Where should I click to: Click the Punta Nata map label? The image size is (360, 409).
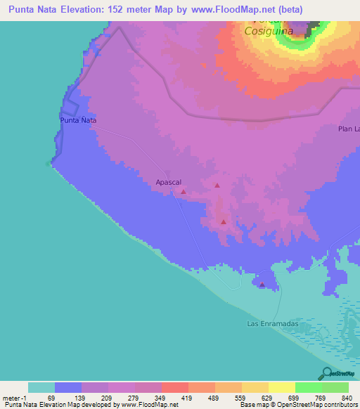78,120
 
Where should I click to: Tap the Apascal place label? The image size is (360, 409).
168,182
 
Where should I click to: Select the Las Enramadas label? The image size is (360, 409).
267,324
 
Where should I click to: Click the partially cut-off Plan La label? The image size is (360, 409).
348,129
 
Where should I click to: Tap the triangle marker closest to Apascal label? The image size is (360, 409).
184,191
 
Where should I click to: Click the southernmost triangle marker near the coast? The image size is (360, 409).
262,285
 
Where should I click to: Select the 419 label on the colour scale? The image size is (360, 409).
188,398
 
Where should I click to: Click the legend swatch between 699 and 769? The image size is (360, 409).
308,387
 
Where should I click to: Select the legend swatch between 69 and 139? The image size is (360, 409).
68,387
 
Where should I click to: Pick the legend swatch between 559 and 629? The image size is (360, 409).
255,387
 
